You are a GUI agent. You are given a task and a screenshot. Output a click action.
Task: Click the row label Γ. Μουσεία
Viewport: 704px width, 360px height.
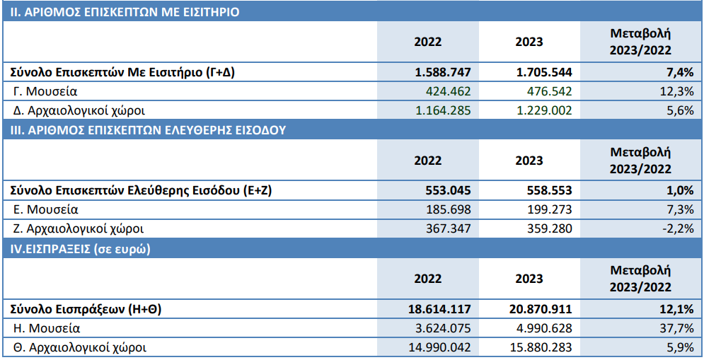coord(45,91)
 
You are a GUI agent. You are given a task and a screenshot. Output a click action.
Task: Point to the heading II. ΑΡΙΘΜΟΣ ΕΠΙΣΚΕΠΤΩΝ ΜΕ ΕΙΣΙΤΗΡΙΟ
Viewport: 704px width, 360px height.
coord(124,12)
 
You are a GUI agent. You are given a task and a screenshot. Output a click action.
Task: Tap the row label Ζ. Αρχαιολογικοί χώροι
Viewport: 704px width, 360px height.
coord(79,228)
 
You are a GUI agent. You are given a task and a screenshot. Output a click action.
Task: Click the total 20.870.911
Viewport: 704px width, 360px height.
coord(541,309)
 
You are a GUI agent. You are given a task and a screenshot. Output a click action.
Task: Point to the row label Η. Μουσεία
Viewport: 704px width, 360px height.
coord(47,328)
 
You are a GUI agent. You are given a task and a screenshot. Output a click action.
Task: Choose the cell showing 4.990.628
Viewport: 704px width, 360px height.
coord(543,328)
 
